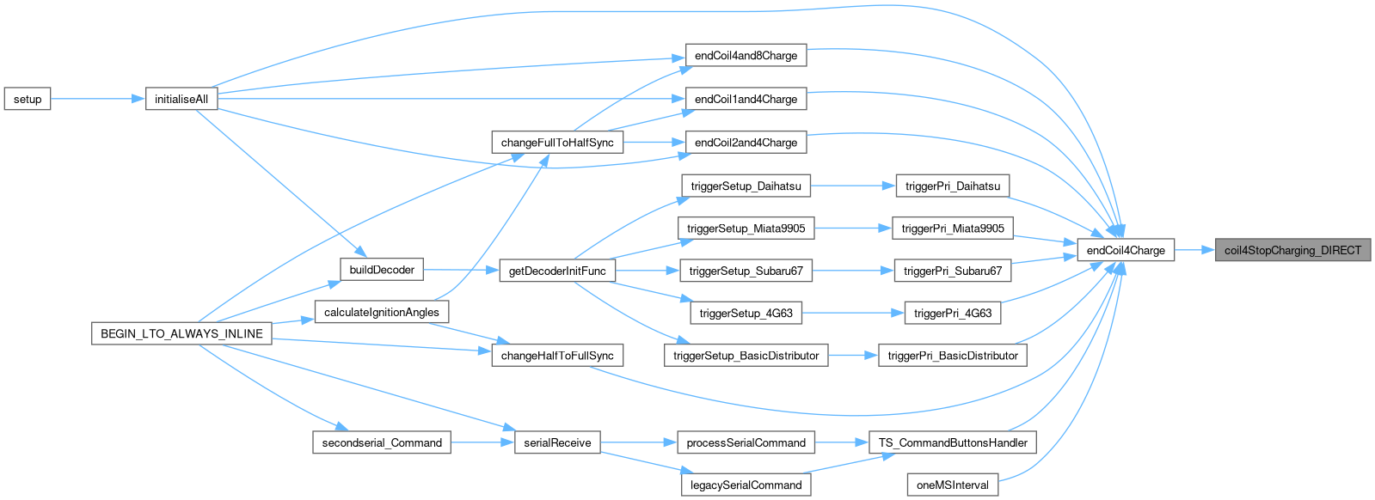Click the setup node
(28, 99)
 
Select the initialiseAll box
(181, 99)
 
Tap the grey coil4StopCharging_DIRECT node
(1292, 250)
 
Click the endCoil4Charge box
(1125, 250)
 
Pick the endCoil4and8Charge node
(746, 56)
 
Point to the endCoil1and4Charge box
(746, 99)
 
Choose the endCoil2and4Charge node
(746, 143)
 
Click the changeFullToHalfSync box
(557, 143)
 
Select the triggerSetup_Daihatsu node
(746, 186)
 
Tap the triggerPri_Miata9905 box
(953, 229)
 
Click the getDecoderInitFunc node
(557, 271)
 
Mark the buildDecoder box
(382, 270)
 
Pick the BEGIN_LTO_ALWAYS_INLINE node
(181, 333)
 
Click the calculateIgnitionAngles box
(382, 312)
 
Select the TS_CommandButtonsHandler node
(953, 442)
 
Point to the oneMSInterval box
(953, 485)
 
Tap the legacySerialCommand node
(746, 485)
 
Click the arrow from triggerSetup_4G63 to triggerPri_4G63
(852, 314)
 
